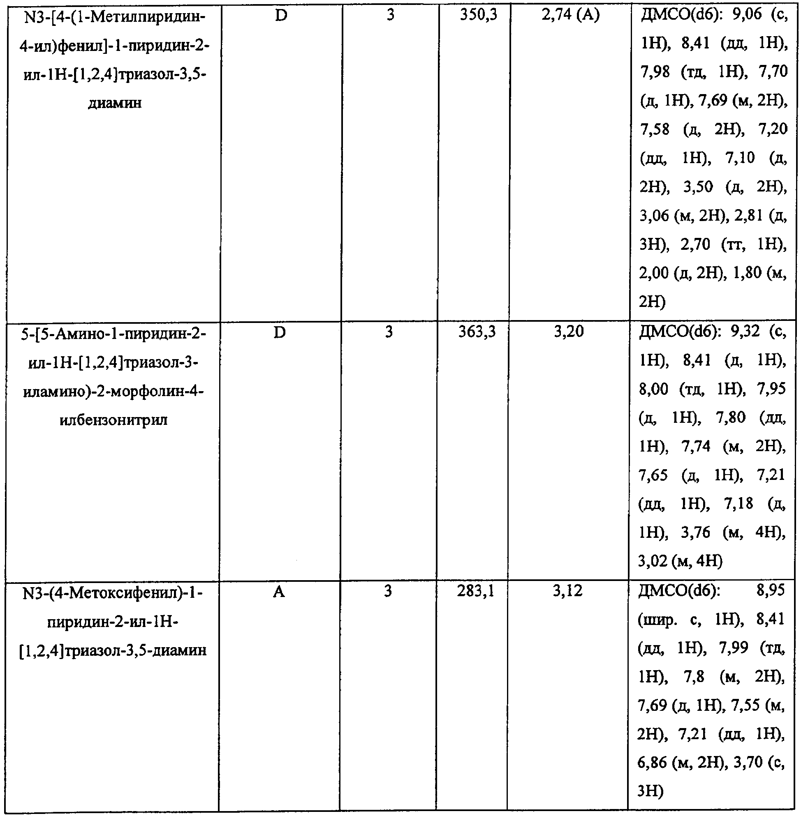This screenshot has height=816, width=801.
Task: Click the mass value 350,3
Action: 478,16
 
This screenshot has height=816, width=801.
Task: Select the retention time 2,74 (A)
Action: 570,16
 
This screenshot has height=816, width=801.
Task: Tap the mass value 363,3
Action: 477,332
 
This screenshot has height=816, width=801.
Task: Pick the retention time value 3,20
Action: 569,332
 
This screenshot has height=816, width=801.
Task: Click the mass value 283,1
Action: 476,592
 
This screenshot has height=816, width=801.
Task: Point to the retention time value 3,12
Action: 567,592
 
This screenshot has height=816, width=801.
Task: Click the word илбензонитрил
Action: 113,420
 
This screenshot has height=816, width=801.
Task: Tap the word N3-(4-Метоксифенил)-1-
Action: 113,593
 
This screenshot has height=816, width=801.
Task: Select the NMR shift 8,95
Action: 770,591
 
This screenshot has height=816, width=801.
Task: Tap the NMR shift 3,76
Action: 695,532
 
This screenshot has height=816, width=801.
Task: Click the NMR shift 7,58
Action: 655,129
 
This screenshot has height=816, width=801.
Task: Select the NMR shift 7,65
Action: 653,475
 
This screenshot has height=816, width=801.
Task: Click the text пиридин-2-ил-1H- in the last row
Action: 113,622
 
